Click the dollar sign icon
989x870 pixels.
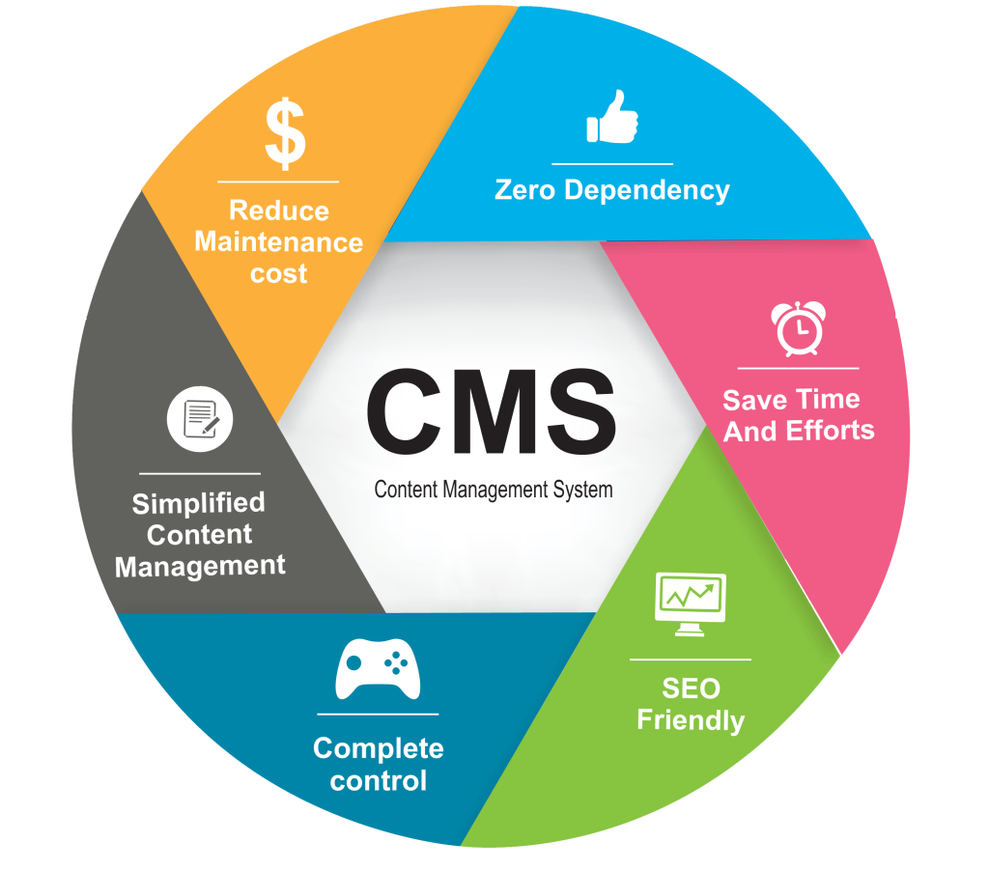click(x=285, y=134)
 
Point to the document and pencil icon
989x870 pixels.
click(x=200, y=419)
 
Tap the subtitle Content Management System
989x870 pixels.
click(x=493, y=490)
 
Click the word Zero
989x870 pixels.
click(x=525, y=190)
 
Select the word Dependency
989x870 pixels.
click(x=647, y=191)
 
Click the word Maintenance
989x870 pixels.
click(x=278, y=241)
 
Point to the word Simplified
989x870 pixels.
click(x=198, y=503)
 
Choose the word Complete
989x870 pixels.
click(x=379, y=748)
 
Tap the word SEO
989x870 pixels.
click(x=691, y=688)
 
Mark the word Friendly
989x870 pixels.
click(x=691, y=720)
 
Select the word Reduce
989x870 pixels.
click(x=278, y=210)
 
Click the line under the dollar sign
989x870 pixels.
click(x=278, y=181)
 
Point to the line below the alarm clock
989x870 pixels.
click(x=798, y=368)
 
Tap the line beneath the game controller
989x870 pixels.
click(x=378, y=715)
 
